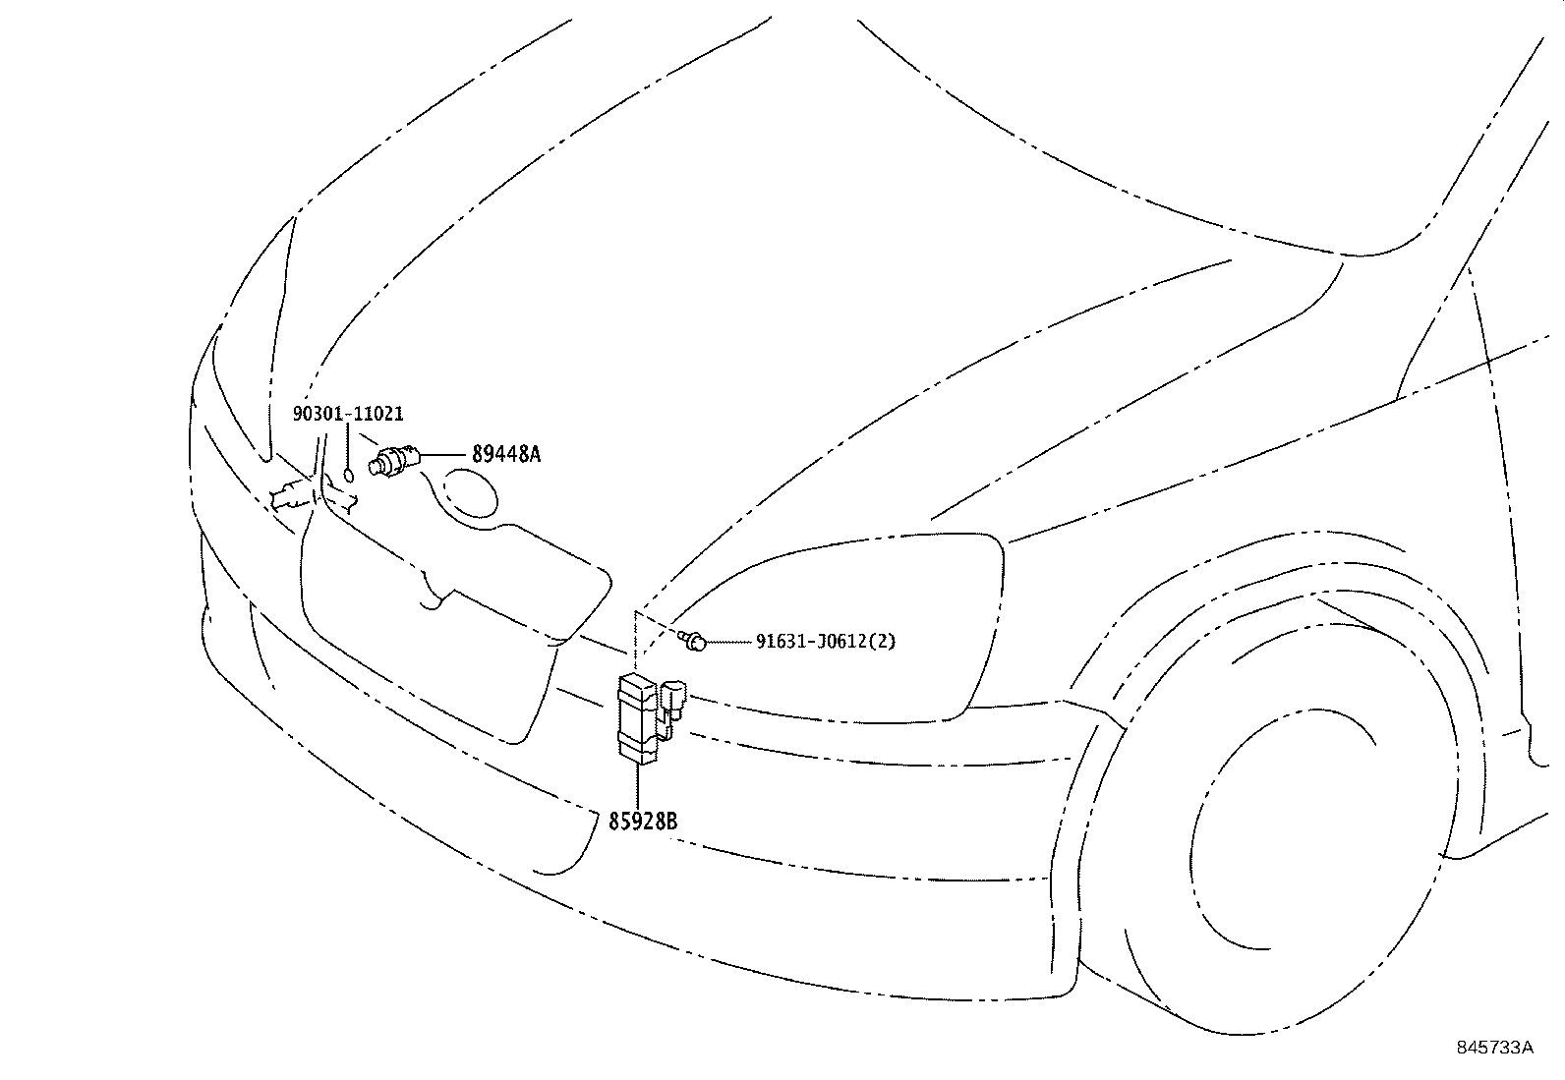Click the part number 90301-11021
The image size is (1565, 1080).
348,416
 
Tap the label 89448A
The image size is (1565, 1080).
506,454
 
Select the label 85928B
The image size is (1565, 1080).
643,822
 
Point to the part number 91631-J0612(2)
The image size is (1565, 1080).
826,642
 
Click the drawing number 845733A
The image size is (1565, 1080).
1494,1048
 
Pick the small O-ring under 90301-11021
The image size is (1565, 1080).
348,477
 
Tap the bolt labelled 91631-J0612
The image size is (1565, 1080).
693,642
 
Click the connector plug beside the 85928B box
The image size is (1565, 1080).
674,700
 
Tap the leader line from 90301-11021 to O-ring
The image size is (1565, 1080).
348,447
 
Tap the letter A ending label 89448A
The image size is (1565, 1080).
535,454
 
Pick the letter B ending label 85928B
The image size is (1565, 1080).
671,822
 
